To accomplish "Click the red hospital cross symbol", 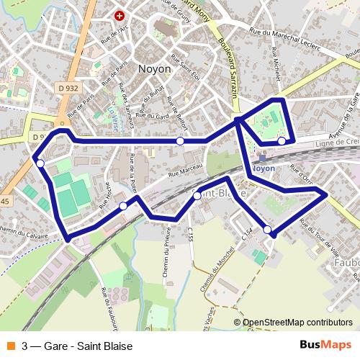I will pos(120,15).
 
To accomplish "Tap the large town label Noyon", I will pos(154,68).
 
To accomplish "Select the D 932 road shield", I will pos(68,88).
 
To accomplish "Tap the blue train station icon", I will pos(262,157).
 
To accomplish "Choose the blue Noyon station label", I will pos(264,168).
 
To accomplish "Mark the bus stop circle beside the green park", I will pos(282,141).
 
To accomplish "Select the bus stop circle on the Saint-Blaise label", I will pos(197,194).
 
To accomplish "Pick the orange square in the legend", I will pos(10,346).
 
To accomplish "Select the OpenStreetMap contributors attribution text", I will pos(297,323).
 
